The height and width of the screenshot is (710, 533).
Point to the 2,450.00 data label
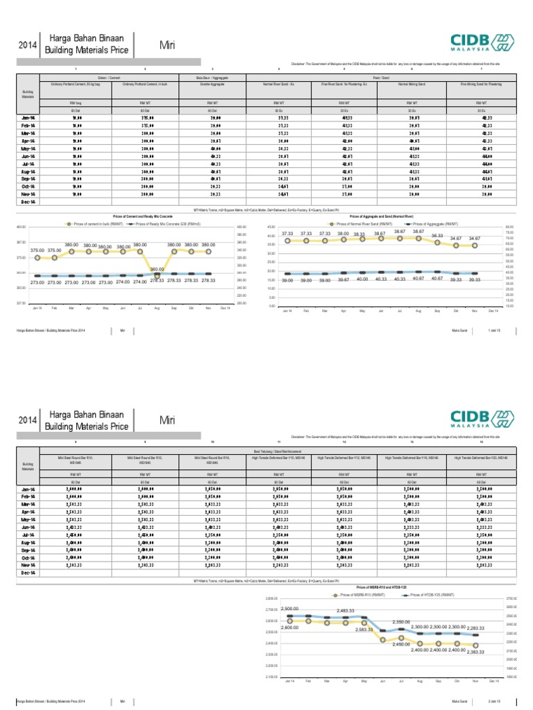(403, 645)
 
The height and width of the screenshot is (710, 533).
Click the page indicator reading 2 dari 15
(494, 701)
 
